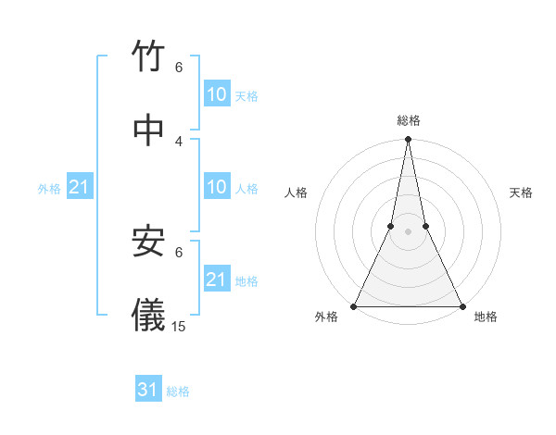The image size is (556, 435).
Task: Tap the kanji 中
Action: pyautogui.click(x=149, y=129)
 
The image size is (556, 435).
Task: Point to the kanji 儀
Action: pyautogui.click(x=149, y=314)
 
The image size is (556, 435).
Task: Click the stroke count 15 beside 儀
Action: pyautogui.click(x=179, y=326)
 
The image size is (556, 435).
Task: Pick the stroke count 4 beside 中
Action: pyautogui.click(x=179, y=141)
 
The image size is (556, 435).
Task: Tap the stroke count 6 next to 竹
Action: pyautogui.click(x=179, y=68)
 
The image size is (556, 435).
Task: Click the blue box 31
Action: pyautogui.click(x=148, y=390)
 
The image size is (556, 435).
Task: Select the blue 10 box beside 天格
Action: pyautogui.click(x=217, y=93)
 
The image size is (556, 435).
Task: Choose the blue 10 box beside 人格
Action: pyautogui.click(x=217, y=187)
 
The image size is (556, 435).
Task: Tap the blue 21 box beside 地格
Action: pyautogui.click(x=217, y=279)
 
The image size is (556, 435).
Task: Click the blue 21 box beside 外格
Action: pyautogui.click(x=80, y=187)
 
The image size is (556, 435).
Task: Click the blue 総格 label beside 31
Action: pyautogui.click(x=178, y=391)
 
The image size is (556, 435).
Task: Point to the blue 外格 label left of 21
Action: pyautogui.click(x=49, y=189)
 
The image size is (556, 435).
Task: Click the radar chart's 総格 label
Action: pyautogui.click(x=409, y=120)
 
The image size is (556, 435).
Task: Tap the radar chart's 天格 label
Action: pyautogui.click(x=521, y=193)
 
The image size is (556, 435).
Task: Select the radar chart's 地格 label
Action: pyautogui.click(x=486, y=317)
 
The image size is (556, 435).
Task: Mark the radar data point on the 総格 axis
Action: pyautogui.click(x=408, y=139)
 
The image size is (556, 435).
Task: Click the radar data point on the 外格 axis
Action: pyautogui.click(x=354, y=306)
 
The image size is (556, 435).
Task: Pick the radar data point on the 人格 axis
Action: pyautogui.click(x=391, y=226)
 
